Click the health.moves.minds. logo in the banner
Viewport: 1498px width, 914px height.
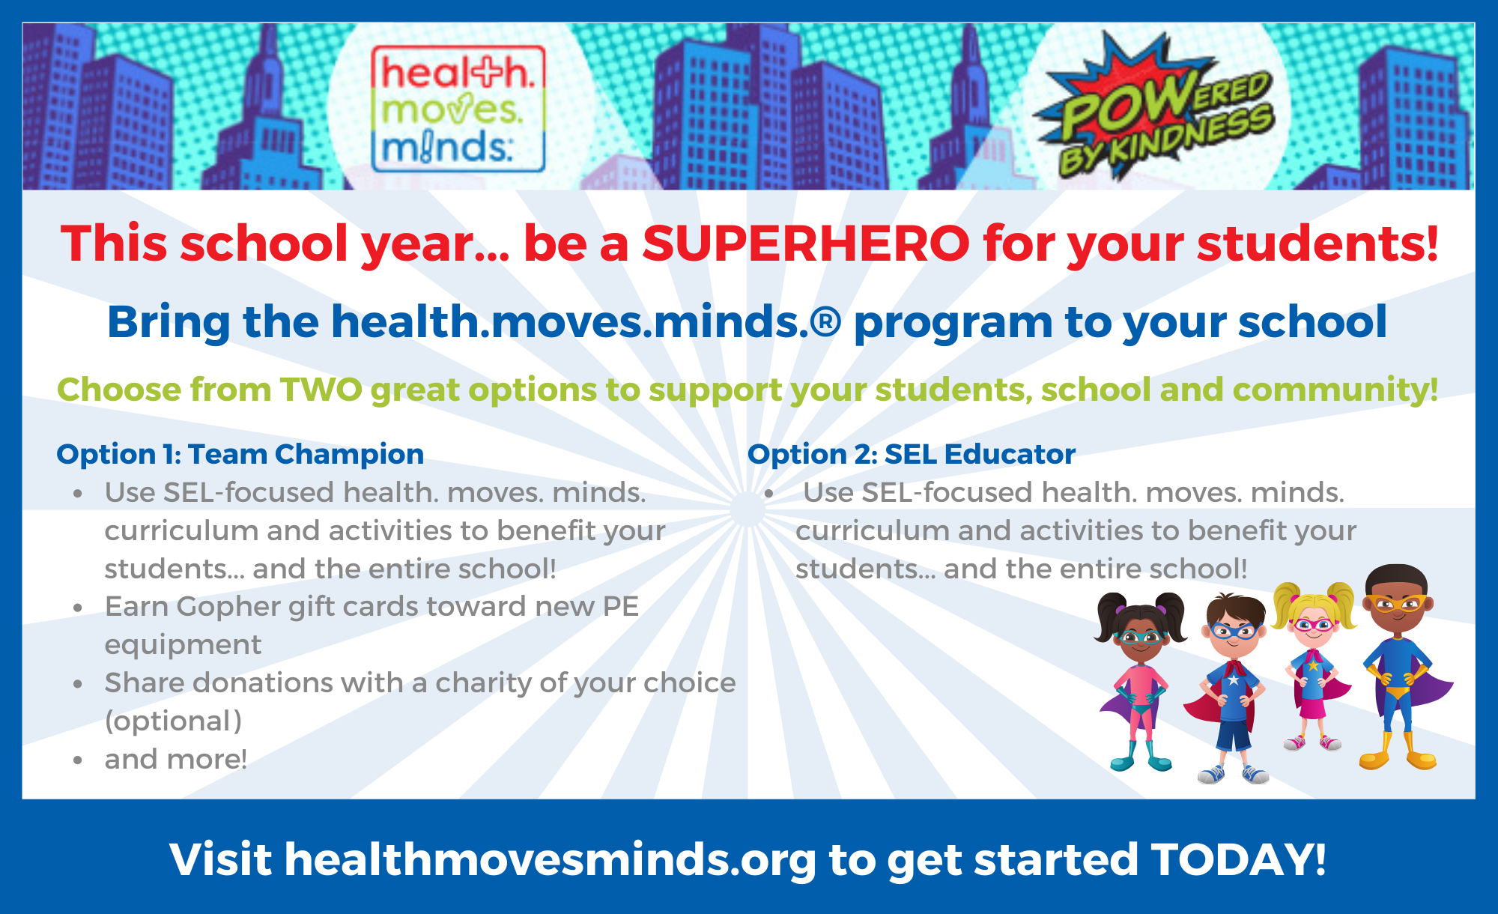[x=458, y=109]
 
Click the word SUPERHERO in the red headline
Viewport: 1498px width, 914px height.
[x=806, y=243]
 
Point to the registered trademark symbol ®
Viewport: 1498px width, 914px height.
[x=825, y=322]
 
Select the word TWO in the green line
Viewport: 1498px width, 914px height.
[x=321, y=390]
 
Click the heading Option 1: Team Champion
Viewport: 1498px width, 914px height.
[x=240, y=454]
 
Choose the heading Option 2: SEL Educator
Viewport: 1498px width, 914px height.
[x=912, y=454]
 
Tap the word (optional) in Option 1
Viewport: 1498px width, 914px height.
[x=174, y=721]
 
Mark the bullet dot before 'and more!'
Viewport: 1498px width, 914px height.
[x=78, y=760]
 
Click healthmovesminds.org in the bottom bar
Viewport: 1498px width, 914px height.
[x=551, y=859]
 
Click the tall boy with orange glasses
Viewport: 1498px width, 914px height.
[x=1399, y=667]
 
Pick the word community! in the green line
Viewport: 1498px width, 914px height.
[x=1335, y=390]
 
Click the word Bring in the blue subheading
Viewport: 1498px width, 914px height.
[x=169, y=323]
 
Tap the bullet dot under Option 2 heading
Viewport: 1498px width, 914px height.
[x=768, y=494]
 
